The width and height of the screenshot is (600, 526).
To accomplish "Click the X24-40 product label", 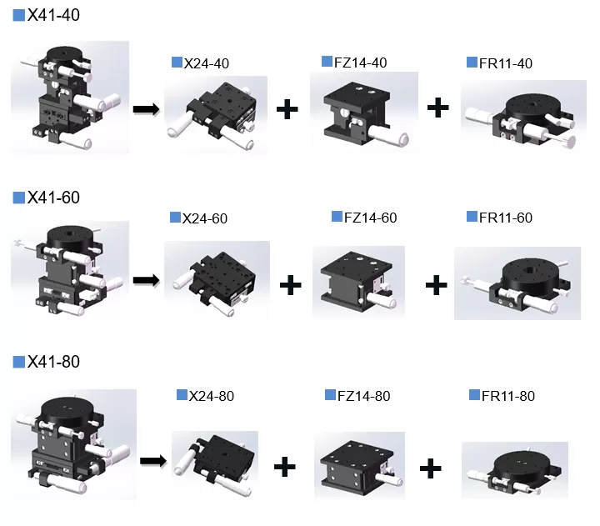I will coord(206,63).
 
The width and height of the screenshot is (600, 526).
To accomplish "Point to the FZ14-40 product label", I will coord(361,63).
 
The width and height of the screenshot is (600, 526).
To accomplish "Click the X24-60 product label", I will coord(205,218).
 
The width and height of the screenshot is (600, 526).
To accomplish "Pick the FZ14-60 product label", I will coord(370,218).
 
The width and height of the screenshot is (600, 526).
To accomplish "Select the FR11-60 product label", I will coord(506,218).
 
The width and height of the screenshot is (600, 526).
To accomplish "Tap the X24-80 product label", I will coord(212,395).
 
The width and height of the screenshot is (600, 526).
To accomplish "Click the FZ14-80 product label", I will coord(363,396).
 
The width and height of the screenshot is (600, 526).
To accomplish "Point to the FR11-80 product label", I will coord(508,396).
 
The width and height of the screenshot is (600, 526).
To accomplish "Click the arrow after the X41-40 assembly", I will coord(146,108).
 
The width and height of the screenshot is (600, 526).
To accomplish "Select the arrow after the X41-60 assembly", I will coord(146,279).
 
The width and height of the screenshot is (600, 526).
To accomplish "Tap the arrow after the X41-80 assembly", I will coord(152,459).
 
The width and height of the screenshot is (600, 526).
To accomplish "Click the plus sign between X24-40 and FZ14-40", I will coord(287,109).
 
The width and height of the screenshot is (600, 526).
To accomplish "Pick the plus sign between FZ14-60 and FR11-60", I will coord(436,285).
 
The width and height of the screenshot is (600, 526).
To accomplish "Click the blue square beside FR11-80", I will coord(475,395).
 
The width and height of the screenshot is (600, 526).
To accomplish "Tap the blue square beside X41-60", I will coord(18,198).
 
